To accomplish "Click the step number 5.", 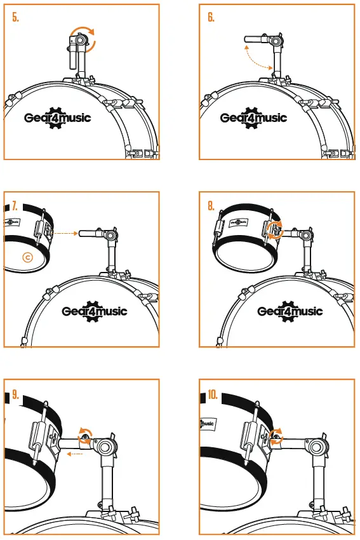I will [16, 18].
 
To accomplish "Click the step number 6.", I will [211, 18].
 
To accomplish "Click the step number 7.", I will [15, 206].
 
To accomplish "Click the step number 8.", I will [211, 206].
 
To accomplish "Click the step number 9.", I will [16, 395].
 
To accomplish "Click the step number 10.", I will [213, 395].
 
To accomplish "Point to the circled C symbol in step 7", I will [27, 257].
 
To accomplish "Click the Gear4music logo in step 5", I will [57, 118].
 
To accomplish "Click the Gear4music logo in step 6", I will [253, 118].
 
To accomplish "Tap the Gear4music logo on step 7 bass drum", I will [95, 311].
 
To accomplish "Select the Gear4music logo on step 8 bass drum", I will [290, 311].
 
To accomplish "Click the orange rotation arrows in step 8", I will [274, 230].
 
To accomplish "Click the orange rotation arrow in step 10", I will [276, 434].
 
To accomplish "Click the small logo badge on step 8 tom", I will [239, 223].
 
